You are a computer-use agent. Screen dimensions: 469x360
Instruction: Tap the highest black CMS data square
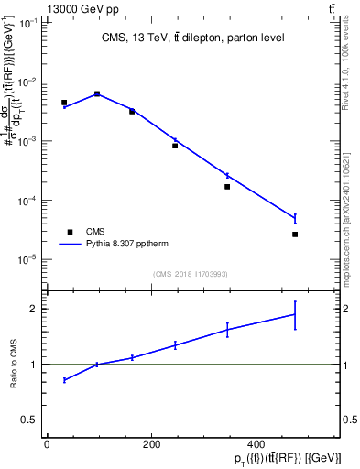(x=97, y=93)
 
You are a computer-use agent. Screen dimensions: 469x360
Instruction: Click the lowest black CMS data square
(x=295, y=234)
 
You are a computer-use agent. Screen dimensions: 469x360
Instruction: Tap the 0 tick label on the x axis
(x=47, y=445)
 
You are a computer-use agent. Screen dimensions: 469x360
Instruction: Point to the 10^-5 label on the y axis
(x=28, y=259)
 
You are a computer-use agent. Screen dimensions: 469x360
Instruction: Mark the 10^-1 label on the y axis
(x=28, y=23)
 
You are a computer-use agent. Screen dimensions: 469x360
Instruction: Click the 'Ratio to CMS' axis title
(x=16, y=365)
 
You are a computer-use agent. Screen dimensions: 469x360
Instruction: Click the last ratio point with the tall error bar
(x=295, y=314)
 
